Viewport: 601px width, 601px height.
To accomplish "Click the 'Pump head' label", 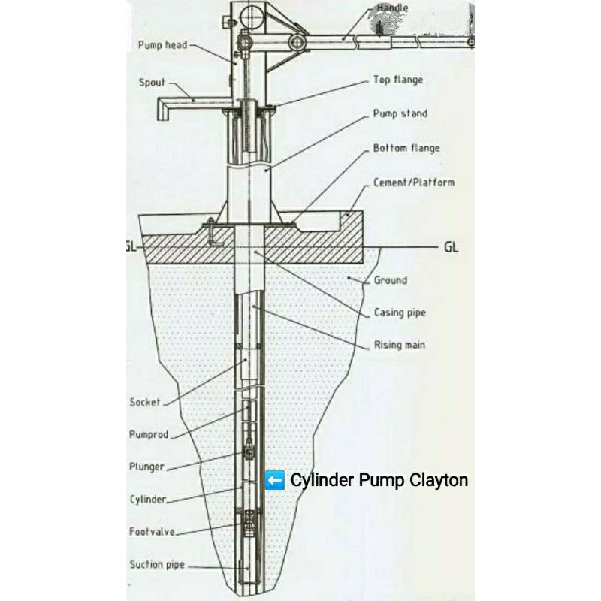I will pyautogui.click(x=162, y=45).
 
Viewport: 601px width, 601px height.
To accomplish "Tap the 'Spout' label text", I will pyautogui.click(x=152, y=82).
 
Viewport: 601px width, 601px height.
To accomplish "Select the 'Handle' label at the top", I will pyautogui.click(x=393, y=9).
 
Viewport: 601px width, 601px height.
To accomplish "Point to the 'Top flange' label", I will pyautogui.click(x=398, y=80).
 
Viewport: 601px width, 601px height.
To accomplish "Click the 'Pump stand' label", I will pyautogui.click(x=400, y=114).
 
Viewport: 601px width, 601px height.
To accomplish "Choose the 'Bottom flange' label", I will pyautogui.click(x=406, y=148).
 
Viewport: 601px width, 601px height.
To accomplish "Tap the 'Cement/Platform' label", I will pyautogui.click(x=414, y=183).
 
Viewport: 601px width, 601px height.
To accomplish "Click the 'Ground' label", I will pyautogui.click(x=391, y=280).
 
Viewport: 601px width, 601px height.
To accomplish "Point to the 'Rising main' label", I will pyautogui.click(x=400, y=345).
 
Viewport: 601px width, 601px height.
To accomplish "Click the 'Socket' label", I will pyautogui.click(x=145, y=403).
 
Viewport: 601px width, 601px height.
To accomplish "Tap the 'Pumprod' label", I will pyautogui.click(x=149, y=434).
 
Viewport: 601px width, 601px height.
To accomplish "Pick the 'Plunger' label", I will pyautogui.click(x=146, y=467).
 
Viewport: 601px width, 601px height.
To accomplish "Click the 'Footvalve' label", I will pyautogui.click(x=153, y=532).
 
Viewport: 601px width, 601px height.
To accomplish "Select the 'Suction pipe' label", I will pyautogui.click(x=157, y=565).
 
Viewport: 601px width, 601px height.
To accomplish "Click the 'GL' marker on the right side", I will pyautogui.click(x=450, y=246).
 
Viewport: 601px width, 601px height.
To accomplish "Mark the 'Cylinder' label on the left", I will pyautogui.click(x=148, y=500).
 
